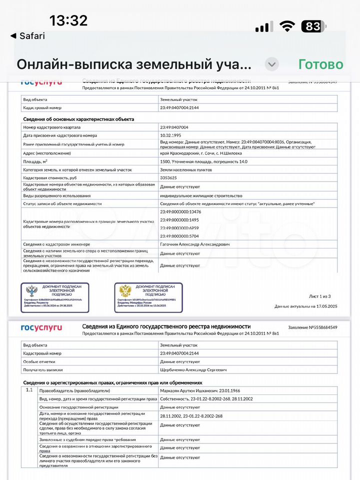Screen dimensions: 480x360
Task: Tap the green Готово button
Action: [x=320, y=64]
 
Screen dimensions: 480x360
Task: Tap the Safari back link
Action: [x=28, y=36]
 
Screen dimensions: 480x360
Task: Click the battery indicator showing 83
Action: [x=313, y=26]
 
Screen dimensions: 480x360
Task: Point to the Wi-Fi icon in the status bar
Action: [x=287, y=26]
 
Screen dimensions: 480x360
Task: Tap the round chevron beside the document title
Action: [x=271, y=64]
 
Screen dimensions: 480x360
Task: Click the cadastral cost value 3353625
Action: [x=171, y=178]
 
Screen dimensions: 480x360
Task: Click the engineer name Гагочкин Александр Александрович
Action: [x=195, y=244]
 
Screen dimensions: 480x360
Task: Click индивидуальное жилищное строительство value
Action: [x=201, y=195]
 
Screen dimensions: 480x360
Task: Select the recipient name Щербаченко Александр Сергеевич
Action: [x=193, y=369]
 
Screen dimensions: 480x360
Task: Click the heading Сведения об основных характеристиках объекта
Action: [x=78, y=119]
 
